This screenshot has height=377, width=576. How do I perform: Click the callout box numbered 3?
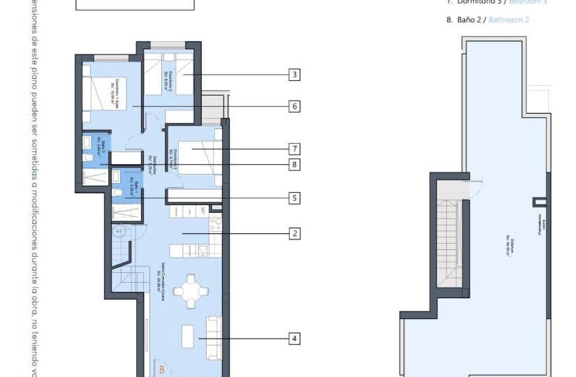295,75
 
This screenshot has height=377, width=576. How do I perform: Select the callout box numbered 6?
295,106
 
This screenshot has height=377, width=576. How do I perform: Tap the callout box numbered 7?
295,149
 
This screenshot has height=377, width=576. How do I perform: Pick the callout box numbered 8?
295,165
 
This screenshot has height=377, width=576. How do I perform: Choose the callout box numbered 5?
295,198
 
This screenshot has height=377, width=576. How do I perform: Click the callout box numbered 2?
295,233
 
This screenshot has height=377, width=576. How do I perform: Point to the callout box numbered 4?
295,339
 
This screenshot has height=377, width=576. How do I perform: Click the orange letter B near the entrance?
161,370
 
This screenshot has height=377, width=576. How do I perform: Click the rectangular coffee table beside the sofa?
188,336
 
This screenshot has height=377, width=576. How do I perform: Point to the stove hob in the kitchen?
216,224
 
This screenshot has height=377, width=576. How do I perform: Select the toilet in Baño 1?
117,193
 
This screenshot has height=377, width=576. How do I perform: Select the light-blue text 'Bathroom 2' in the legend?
509,20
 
